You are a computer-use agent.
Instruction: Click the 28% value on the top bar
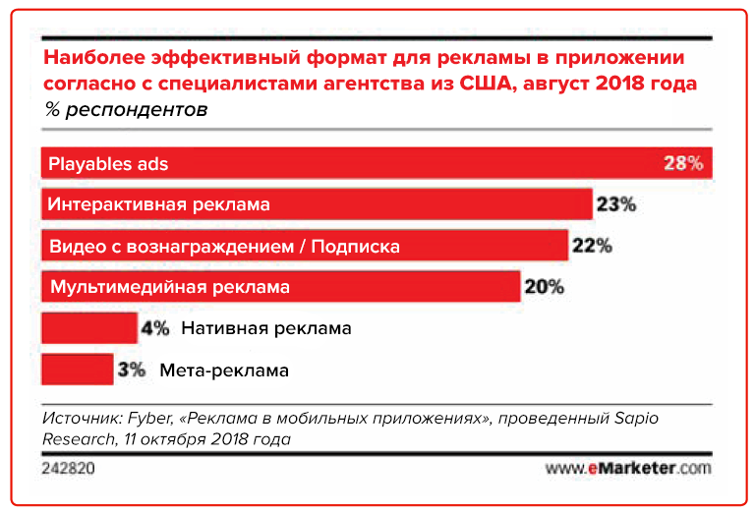(683, 163)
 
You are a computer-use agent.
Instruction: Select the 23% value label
(616, 204)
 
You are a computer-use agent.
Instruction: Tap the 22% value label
(592, 246)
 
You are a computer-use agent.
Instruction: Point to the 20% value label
(544, 287)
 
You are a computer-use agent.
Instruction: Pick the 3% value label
(132, 370)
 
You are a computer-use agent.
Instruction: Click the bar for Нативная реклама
(88, 328)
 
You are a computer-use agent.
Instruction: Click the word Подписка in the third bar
(355, 246)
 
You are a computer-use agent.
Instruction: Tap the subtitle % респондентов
(126, 109)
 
